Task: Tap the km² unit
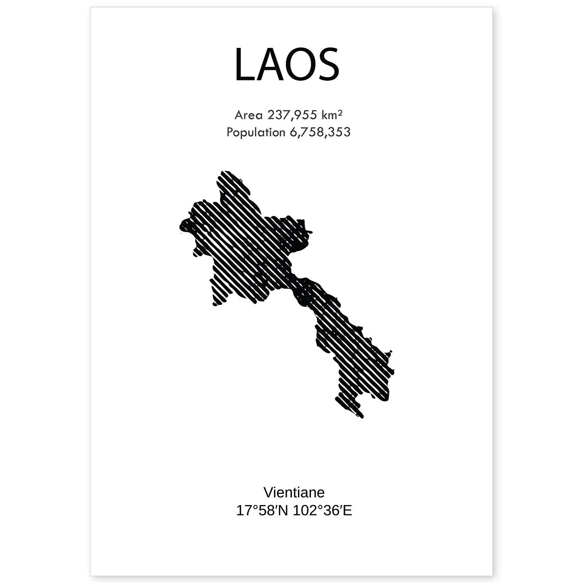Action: coord(332,115)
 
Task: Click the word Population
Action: coord(256,132)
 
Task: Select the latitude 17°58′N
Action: coord(262,511)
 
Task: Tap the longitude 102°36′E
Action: coord(323,511)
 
